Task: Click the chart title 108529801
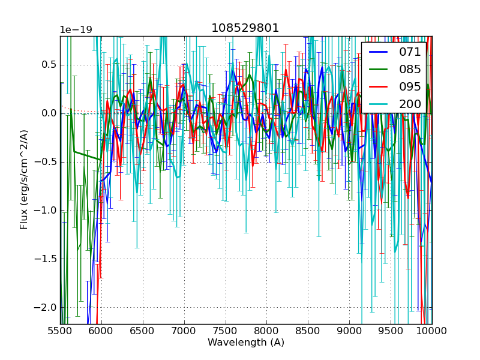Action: click(x=245, y=28)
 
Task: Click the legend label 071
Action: click(x=410, y=52)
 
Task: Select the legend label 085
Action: click(x=410, y=69)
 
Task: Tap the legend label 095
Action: click(x=410, y=86)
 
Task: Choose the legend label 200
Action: click(x=410, y=104)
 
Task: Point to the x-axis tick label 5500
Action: click(x=60, y=331)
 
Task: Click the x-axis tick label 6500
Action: click(x=143, y=331)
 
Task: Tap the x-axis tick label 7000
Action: click(x=184, y=331)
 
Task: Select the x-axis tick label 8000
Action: click(x=266, y=331)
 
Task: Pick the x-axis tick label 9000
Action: click(x=349, y=331)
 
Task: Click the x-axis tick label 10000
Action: click(x=432, y=331)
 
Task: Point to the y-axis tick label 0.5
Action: click(x=47, y=65)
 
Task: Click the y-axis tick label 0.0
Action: click(x=47, y=113)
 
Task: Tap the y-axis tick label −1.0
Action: click(x=44, y=211)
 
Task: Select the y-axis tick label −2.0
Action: click(x=44, y=307)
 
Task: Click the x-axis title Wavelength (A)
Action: click(x=246, y=343)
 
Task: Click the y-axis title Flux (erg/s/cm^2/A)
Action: click(x=24, y=180)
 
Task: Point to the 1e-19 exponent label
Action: click(x=76, y=30)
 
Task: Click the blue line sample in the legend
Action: click(x=379, y=52)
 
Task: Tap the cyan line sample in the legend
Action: click(x=379, y=104)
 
